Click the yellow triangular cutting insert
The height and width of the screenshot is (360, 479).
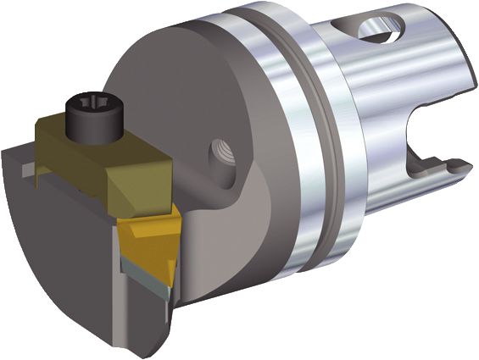click(x=148, y=241)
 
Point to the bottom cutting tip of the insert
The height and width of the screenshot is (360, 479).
click(x=169, y=284)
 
